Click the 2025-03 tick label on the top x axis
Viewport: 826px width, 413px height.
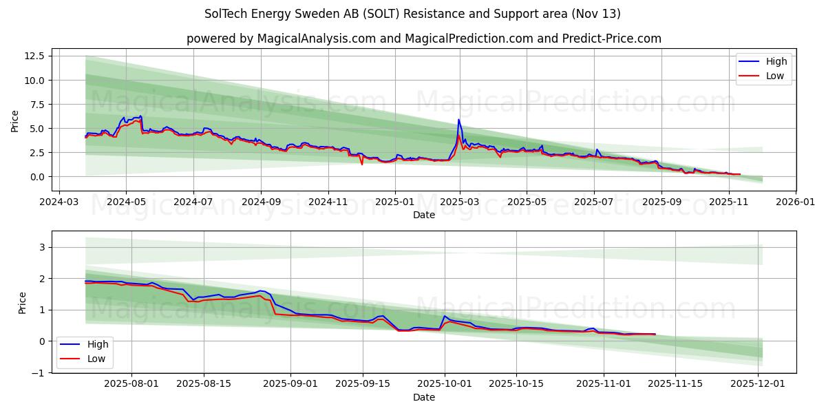460,203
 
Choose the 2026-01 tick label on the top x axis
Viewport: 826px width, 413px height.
795,203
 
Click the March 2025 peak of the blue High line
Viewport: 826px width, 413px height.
458,120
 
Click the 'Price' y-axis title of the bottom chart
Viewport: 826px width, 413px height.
23,303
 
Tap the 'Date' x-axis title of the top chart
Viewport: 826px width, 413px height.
423,215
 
